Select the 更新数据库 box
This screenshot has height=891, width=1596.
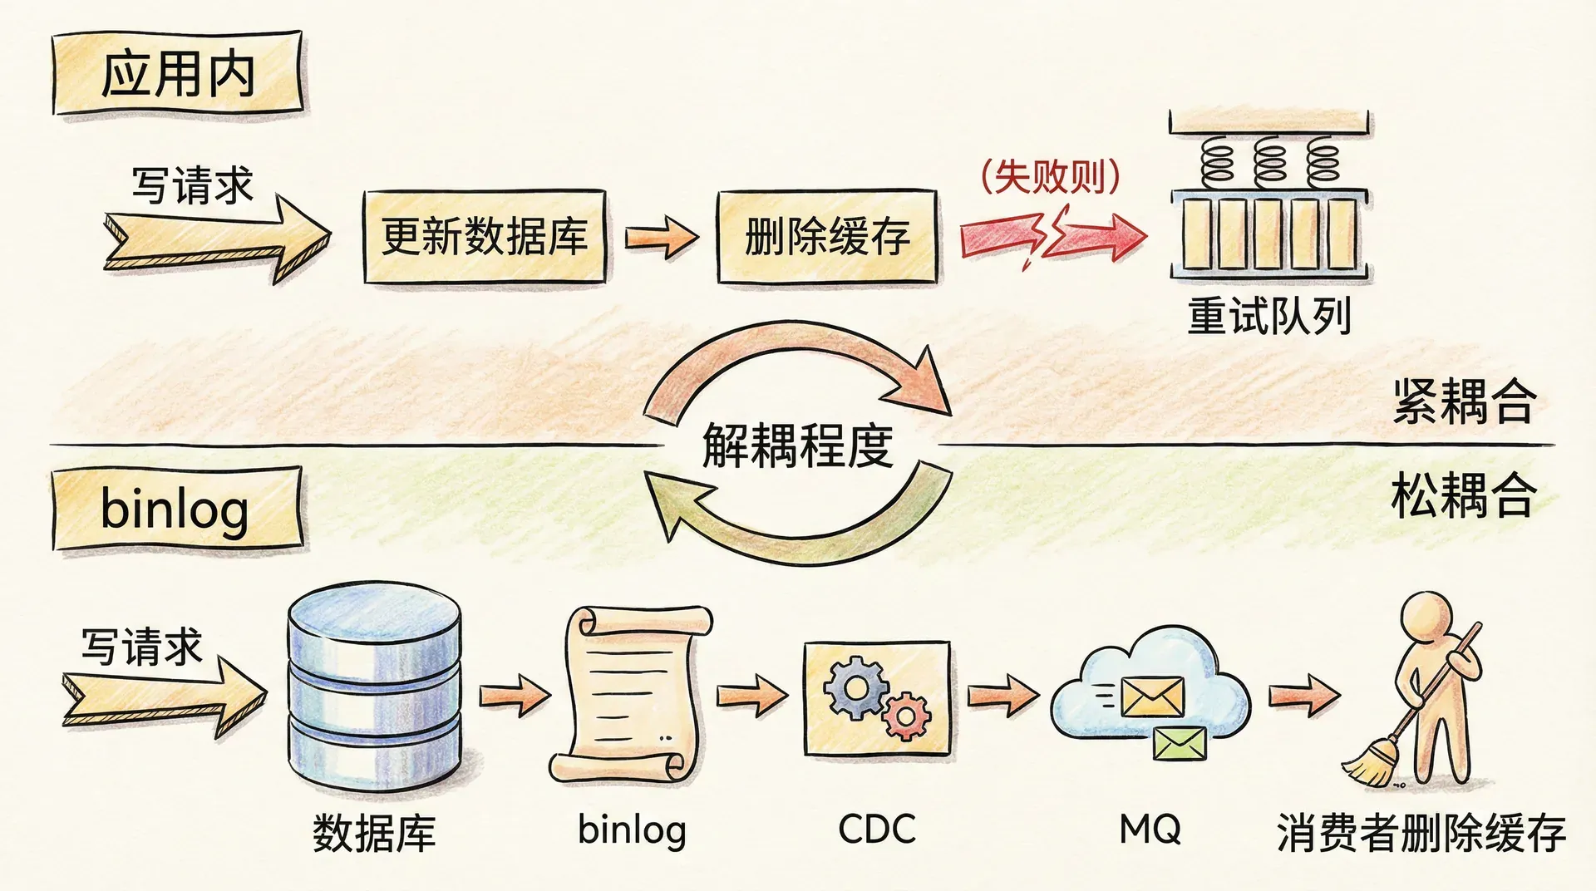pyautogui.click(x=484, y=237)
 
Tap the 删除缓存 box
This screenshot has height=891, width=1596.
pyautogui.click(x=827, y=237)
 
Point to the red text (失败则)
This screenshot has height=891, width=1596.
pyautogui.click(x=1051, y=177)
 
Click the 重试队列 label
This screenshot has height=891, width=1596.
pyautogui.click(x=1268, y=317)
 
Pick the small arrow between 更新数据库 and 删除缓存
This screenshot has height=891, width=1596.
pyautogui.click(x=661, y=237)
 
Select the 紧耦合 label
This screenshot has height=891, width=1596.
pyautogui.click(x=1463, y=401)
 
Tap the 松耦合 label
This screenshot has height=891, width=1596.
pyautogui.click(x=1463, y=495)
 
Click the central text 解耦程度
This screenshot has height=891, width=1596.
pyautogui.click(x=798, y=445)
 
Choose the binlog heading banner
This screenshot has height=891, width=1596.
pyautogui.click(x=176, y=509)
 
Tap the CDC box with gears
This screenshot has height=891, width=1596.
pyautogui.click(x=877, y=698)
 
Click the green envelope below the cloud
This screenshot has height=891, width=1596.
pyautogui.click(x=1180, y=743)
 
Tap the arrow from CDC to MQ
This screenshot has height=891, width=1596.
pyautogui.click(x=1002, y=694)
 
